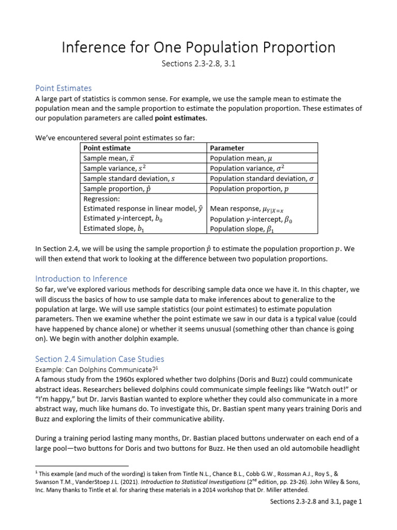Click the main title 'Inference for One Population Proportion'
point(198,48)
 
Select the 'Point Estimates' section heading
point(63,88)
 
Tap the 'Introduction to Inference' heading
point(81,278)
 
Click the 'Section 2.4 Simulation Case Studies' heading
point(99,358)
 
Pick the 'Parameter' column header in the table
point(227,148)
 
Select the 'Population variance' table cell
point(247,168)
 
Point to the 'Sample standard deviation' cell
point(129,179)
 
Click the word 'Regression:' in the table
point(101,199)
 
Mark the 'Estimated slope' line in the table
point(115,228)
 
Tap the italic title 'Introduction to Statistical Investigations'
point(181,481)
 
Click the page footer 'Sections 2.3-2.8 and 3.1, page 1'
point(316,502)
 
